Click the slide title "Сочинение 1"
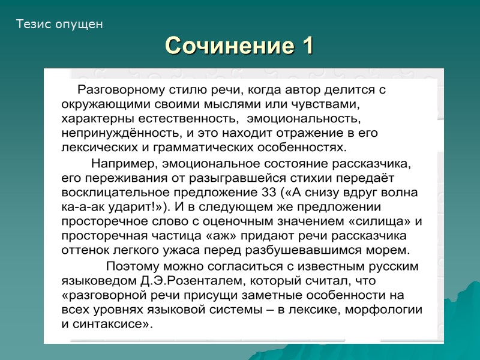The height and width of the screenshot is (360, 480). click(239, 46)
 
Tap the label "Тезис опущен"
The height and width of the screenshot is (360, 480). click(59, 25)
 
